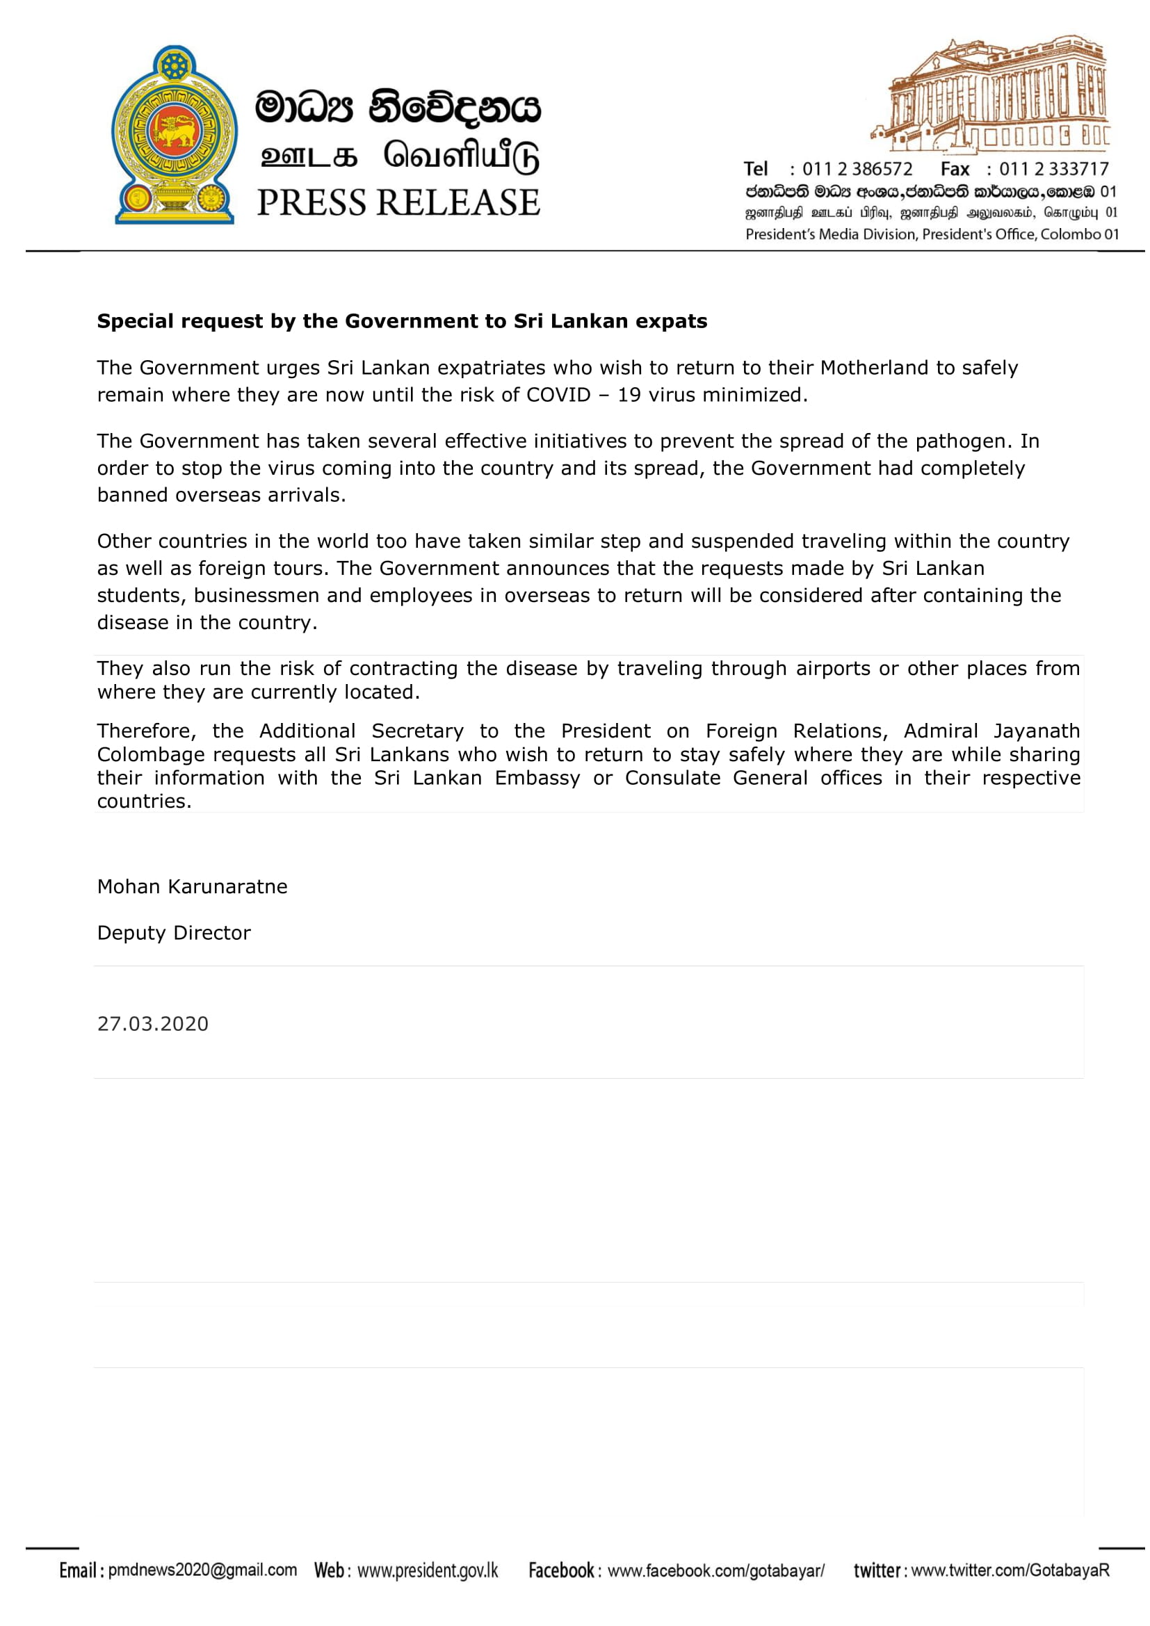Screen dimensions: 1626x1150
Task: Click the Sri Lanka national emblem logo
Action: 175,135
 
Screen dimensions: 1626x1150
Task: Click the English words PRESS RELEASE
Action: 398,202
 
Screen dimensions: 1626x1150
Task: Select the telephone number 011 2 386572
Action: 857,169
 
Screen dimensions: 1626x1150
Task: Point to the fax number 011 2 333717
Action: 1053,169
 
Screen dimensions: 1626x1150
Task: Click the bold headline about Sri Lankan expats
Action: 401,322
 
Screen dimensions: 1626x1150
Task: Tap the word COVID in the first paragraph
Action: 558,395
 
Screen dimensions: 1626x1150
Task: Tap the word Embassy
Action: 537,778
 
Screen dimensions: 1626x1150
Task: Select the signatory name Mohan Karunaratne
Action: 192,886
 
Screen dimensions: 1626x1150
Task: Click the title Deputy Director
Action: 174,933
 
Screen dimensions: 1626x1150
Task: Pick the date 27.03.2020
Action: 153,1024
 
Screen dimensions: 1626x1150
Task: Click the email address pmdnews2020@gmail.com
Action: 202,1570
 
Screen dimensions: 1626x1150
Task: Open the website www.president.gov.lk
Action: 428,1571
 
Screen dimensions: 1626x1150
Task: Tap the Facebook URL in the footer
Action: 716,1571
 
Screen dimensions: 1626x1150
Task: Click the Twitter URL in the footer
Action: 1010,1571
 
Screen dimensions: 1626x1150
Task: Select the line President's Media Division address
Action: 932,234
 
